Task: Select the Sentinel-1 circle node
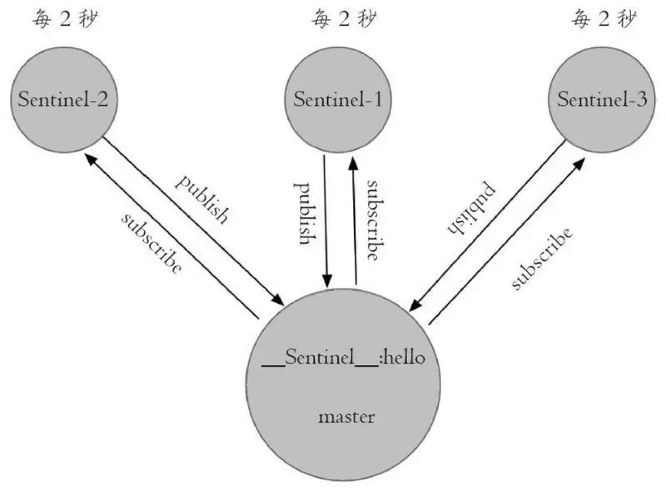[337, 100]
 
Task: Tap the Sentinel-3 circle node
[601, 100]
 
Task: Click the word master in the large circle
[346, 416]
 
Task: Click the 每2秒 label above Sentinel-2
[64, 18]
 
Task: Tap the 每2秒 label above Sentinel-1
[339, 18]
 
